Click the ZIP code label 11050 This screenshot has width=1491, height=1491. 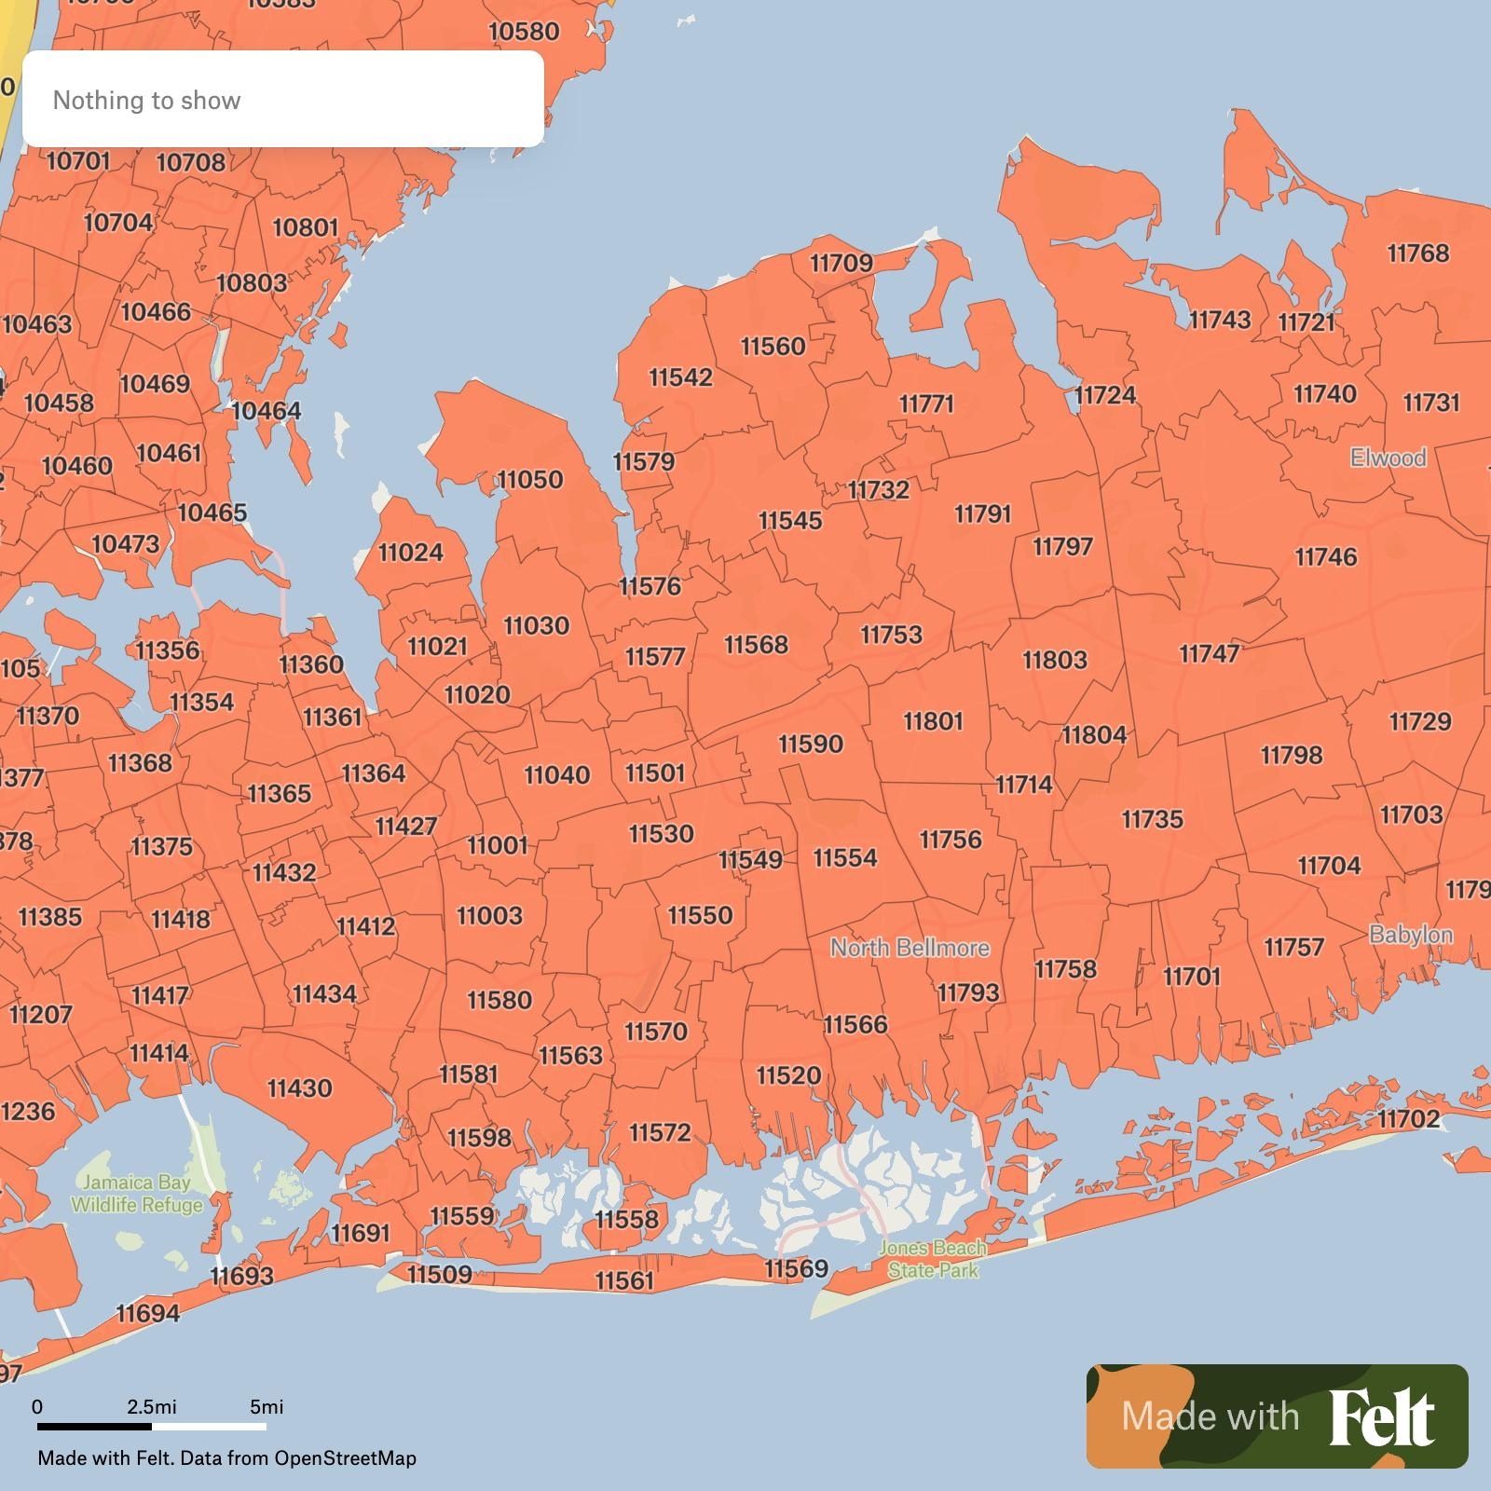click(530, 480)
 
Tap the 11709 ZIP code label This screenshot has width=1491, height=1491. click(841, 264)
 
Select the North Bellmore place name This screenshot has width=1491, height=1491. click(910, 948)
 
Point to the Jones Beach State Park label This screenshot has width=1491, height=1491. click(933, 1259)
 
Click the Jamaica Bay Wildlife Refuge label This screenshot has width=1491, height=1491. click(137, 1194)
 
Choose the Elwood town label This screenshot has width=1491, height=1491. click(1388, 458)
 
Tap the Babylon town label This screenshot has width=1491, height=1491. click(1411, 935)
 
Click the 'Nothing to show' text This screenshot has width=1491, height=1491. click(146, 101)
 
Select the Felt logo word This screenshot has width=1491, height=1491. click(1381, 1417)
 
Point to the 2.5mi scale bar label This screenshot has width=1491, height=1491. click(151, 1406)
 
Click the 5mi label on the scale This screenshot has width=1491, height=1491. click(267, 1406)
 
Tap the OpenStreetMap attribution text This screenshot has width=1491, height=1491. click(345, 1457)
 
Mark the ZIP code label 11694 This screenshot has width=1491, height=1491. click(147, 1314)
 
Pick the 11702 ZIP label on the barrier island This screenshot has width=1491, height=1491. click(1408, 1118)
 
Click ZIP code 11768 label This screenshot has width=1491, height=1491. click(1417, 253)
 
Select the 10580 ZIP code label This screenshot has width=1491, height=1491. click(524, 32)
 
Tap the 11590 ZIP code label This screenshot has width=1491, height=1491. click(811, 745)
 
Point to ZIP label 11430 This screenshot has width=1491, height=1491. click(299, 1088)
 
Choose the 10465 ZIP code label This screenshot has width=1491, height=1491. click(212, 513)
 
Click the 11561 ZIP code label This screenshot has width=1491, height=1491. click(624, 1281)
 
